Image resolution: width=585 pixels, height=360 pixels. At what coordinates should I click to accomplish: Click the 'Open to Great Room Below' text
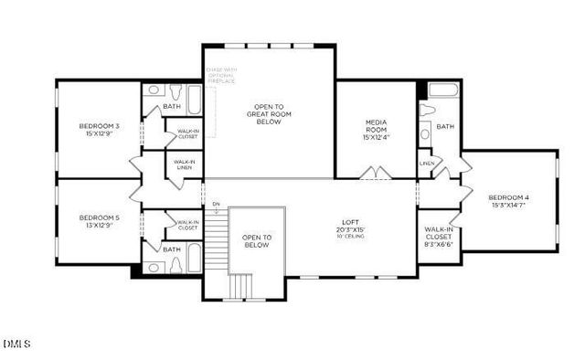[x=268, y=113]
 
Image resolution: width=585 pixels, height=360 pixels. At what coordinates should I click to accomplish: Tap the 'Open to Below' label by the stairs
[x=257, y=240]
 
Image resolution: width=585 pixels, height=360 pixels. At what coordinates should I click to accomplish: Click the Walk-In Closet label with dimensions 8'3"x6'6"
[x=440, y=239]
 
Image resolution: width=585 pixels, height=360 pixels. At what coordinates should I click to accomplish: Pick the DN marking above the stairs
[x=216, y=203]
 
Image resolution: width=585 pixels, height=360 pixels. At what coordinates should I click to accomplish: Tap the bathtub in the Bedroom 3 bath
[x=192, y=94]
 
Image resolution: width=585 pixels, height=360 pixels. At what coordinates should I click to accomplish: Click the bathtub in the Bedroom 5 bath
[x=194, y=259]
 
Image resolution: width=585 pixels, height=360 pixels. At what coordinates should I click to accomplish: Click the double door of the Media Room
[x=376, y=174]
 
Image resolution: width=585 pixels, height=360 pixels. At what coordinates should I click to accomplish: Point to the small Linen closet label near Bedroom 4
[x=427, y=163]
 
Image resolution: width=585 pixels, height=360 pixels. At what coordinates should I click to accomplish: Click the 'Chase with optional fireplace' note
[x=220, y=75]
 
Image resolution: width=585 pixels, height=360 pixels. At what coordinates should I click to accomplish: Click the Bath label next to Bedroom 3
[x=172, y=107]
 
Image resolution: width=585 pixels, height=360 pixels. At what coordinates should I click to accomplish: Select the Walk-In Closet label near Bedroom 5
[x=187, y=224]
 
